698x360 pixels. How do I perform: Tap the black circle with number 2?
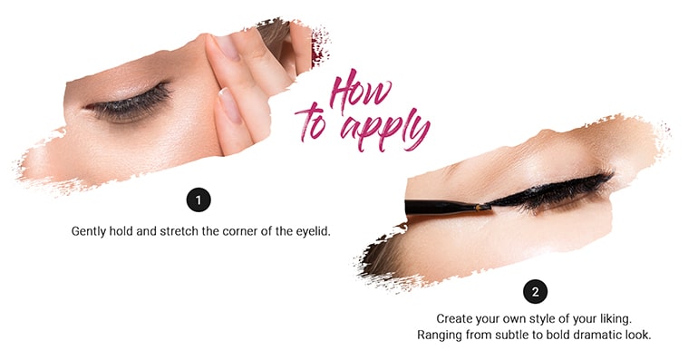point(535,291)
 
